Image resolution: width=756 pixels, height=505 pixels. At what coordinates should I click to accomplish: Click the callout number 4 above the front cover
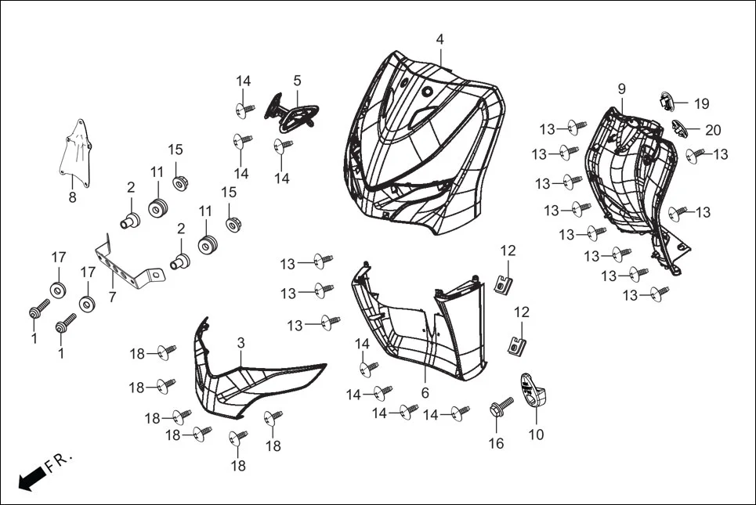point(440,39)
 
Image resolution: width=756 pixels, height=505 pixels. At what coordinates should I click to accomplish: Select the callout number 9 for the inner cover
point(621,88)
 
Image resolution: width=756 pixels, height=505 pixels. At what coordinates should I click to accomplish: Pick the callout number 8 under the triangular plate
point(72,197)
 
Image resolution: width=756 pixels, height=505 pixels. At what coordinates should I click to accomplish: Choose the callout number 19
point(701,103)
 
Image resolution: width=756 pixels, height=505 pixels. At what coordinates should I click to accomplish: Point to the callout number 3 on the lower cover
point(241,343)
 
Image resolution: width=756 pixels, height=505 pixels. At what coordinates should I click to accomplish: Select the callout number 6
point(425,392)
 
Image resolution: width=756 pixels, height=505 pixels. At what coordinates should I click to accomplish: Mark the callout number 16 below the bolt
point(497,444)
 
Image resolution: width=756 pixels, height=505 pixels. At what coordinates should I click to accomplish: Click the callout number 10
point(536,435)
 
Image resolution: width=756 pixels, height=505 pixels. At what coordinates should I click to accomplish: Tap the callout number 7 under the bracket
point(112,298)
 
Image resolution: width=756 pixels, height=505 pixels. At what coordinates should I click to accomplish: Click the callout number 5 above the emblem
point(297,81)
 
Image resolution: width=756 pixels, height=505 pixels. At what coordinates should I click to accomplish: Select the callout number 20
point(713,130)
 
